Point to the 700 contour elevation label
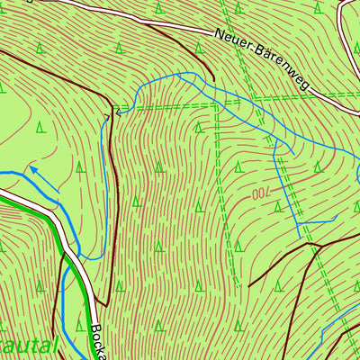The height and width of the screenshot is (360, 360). [259, 193]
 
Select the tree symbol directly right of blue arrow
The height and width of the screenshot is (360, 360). [80, 166]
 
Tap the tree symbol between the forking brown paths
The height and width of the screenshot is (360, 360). [279, 286]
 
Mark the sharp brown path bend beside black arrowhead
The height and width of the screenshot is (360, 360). [110, 114]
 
